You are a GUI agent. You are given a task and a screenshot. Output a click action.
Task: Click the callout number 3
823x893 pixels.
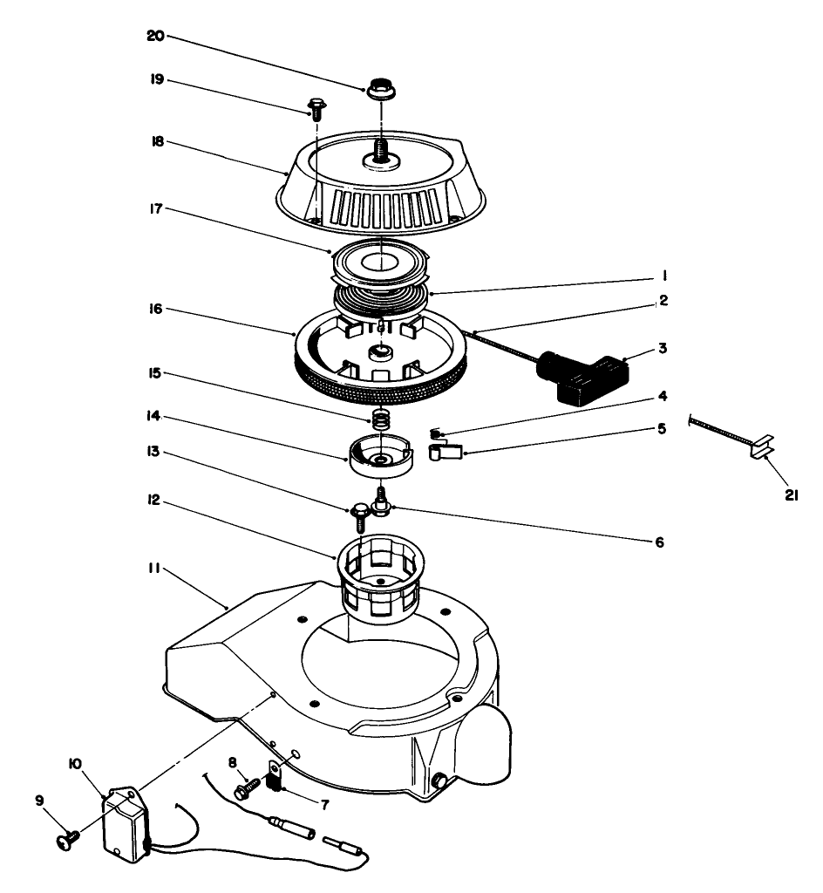tap(663, 347)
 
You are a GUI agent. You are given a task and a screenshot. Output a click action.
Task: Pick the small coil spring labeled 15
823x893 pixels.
tap(380, 419)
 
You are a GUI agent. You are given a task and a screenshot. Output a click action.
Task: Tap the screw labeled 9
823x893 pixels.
tap(66, 838)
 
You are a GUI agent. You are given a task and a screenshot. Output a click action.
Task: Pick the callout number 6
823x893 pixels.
tap(659, 542)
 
